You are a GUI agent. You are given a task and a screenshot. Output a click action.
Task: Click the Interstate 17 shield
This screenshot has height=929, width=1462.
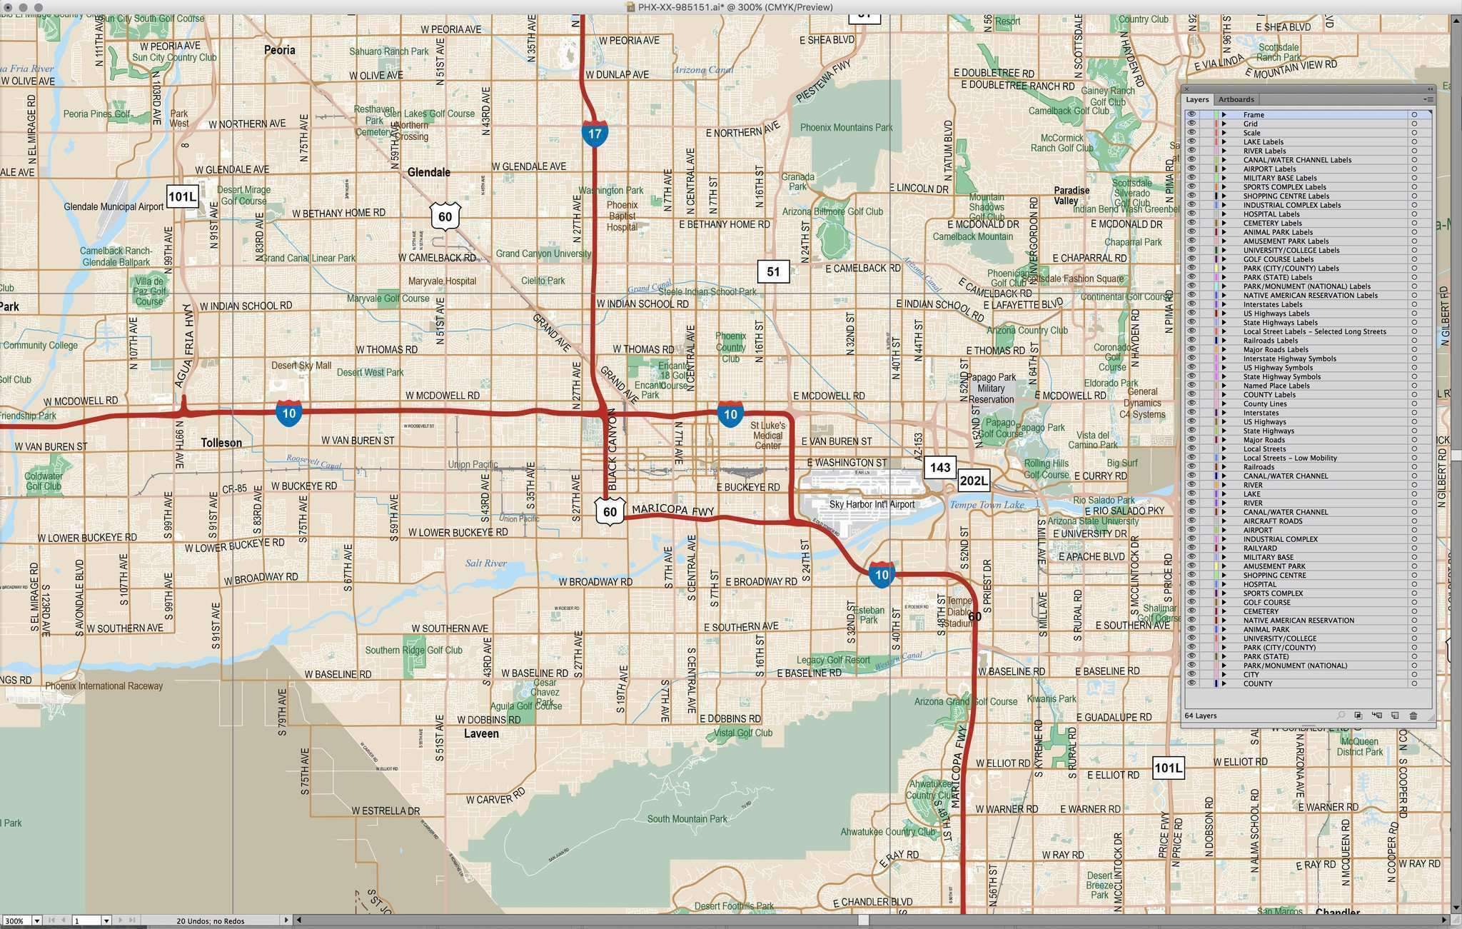pyautogui.click(x=595, y=134)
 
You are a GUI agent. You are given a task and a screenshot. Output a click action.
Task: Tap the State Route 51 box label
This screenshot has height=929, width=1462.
pyautogui.click(x=773, y=271)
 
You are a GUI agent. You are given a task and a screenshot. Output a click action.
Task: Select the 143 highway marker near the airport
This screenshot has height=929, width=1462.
pyautogui.click(x=939, y=467)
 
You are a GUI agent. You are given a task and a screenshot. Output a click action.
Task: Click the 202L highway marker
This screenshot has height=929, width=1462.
pyautogui.click(x=974, y=481)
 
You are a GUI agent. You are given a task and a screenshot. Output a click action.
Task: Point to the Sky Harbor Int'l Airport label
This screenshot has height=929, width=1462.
pyautogui.click(x=872, y=504)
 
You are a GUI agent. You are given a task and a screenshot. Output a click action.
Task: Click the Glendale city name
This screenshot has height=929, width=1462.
pyautogui.click(x=428, y=172)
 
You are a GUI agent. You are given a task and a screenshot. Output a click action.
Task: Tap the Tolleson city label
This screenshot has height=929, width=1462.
pyautogui.click(x=221, y=443)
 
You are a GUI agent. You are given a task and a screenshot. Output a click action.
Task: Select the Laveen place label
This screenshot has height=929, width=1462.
pyautogui.click(x=481, y=733)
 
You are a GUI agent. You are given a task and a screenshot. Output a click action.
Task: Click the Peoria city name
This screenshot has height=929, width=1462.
pyautogui.click(x=279, y=50)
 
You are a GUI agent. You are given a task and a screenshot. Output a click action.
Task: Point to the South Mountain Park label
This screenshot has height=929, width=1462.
pyautogui.click(x=687, y=819)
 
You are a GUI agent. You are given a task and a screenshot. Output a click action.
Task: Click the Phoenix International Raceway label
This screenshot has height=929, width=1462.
pyautogui.click(x=104, y=686)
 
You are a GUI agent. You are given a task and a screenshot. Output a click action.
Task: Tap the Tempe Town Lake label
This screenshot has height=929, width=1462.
pyautogui.click(x=987, y=505)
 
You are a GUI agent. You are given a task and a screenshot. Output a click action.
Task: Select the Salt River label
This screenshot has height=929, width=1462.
pyautogui.click(x=486, y=563)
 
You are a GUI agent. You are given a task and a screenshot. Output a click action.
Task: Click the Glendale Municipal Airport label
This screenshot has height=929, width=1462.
pyautogui.click(x=114, y=206)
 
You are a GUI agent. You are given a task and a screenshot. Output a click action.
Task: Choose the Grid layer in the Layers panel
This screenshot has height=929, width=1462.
pyautogui.click(x=1250, y=124)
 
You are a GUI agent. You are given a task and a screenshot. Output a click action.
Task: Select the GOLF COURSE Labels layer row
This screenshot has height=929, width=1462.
pyautogui.click(x=1278, y=259)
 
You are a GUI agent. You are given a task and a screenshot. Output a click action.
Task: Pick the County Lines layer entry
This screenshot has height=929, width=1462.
pyautogui.click(x=1264, y=403)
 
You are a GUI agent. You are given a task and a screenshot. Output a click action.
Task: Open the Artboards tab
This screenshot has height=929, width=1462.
pyautogui.click(x=1236, y=99)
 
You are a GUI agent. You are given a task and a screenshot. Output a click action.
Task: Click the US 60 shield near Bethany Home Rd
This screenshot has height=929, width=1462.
pyautogui.click(x=445, y=216)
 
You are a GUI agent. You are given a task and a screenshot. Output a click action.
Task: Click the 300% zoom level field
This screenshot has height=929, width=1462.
pyautogui.click(x=16, y=921)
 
